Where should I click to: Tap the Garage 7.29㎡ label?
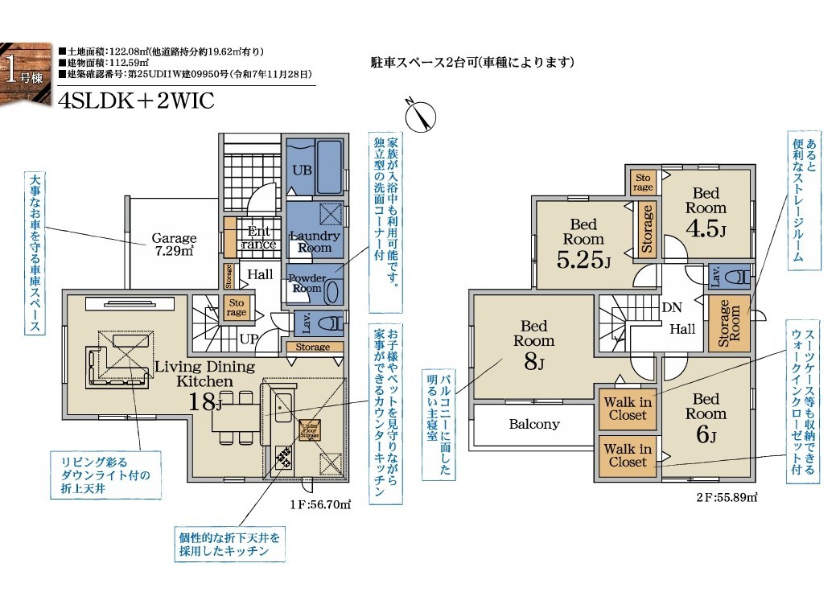click(174, 245)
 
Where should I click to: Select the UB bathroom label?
click(303, 171)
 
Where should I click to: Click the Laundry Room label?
click(315, 241)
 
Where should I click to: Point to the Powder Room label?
click(307, 283)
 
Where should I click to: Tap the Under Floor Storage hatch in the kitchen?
click(310, 430)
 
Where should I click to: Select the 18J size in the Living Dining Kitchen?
click(205, 402)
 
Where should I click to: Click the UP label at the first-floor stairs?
click(249, 339)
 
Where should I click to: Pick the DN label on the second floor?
click(672, 307)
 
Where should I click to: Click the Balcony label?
click(534, 425)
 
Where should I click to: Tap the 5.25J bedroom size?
click(583, 260)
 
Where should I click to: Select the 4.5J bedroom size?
click(706, 228)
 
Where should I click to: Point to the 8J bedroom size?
click(533, 362)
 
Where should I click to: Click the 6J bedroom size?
click(706, 434)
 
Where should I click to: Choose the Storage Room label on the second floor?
click(729, 323)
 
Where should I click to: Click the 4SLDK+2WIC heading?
click(137, 101)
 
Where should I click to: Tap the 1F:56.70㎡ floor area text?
click(320, 504)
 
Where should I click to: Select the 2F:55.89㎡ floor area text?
click(727, 497)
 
